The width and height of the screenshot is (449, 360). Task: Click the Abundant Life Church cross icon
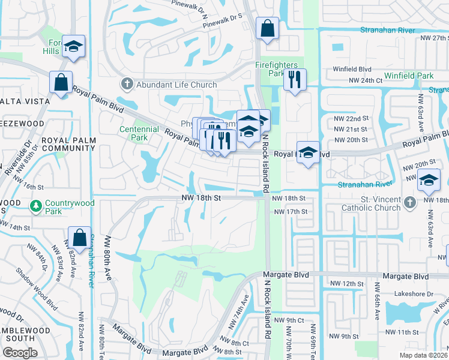tap(126, 85)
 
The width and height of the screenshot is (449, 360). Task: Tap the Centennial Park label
tap(133, 133)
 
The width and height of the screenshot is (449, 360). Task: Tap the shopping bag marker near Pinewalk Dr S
tap(267, 28)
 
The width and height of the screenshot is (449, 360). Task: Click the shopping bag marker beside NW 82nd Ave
tap(79, 238)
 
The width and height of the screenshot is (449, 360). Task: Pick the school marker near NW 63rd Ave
tap(429, 180)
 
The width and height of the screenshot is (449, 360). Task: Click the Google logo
tap(20, 353)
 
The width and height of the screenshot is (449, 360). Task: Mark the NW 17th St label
tap(290, 212)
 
